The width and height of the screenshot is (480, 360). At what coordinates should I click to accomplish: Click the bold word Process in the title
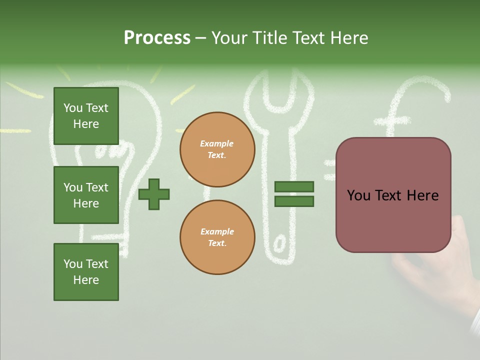[x=157, y=38]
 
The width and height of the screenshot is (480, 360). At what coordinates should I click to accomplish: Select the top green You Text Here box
[x=86, y=116]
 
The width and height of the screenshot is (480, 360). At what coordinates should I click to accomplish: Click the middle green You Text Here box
[x=86, y=195]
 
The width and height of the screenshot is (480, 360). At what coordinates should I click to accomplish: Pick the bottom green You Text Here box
[x=86, y=272]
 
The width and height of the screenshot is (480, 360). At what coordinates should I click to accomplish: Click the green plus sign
[x=154, y=193]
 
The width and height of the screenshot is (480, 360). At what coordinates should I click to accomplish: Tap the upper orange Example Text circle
[x=217, y=149]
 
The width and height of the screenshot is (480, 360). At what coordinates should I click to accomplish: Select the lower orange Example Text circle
[x=217, y=237]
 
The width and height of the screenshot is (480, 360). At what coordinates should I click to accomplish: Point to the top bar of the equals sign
[x=294, y=186]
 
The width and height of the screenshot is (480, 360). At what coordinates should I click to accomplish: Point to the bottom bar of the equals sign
[x=294, y=201]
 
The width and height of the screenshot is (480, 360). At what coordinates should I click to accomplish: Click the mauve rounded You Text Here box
[x=393, y=195]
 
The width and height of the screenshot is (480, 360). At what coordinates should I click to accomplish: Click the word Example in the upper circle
[x=217, y=143]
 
